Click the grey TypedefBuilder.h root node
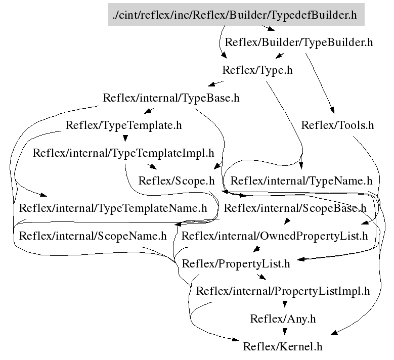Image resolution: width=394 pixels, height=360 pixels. [236, 15]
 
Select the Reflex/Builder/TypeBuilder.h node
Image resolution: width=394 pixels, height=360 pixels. [298, 42]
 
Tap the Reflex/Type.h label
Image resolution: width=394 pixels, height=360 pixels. [257, 70]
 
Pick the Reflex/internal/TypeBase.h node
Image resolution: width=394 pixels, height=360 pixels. [171, 98]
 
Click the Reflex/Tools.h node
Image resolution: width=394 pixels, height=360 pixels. [337, 125]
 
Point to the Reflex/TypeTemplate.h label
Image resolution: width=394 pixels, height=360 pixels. [123, 125]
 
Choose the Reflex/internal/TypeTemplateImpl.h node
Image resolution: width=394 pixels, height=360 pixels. [123, 153]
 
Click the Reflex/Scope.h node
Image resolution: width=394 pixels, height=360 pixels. [177, 181]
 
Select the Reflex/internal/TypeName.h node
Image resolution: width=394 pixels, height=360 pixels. [301, 181]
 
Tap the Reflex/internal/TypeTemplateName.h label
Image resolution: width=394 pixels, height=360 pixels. [113, 208]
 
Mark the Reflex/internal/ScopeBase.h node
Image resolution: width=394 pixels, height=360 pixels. [295, 208]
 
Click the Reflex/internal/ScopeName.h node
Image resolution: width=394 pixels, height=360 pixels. [93, 236]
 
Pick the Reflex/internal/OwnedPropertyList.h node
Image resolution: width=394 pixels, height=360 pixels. [275, 236]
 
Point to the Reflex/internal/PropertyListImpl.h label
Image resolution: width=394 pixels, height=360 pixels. [283, 291]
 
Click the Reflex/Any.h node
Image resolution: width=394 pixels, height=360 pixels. [283, 319]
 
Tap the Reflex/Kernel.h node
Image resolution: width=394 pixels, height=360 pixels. [283, 347]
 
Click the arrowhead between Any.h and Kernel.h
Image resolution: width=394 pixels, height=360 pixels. [285, 332]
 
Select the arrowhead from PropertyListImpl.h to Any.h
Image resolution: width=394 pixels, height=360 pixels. [285, 304]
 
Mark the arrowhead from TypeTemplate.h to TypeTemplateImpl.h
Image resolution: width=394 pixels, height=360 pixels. [125, 138]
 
